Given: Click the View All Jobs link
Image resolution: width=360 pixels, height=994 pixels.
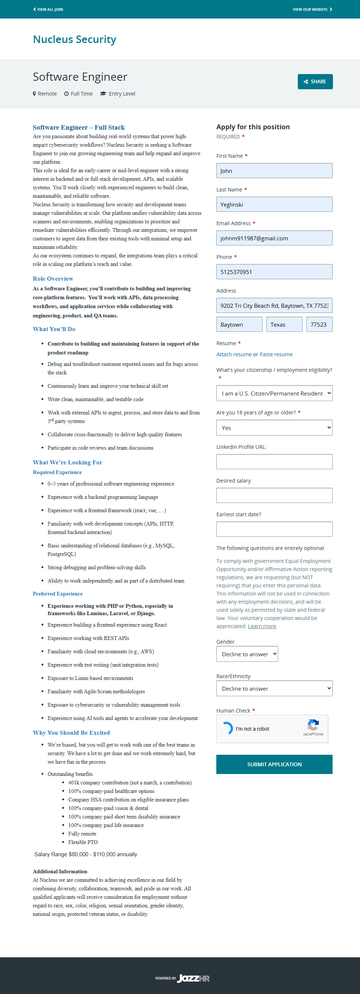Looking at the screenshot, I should coord(48,9).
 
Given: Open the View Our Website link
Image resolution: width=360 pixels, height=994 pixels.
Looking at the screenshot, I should coord(312,9).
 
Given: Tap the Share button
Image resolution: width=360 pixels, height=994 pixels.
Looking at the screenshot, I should coord(315,81).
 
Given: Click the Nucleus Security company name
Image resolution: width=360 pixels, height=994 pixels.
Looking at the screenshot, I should coord(74,39).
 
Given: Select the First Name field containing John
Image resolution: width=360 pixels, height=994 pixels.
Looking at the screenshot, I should coord(274,171).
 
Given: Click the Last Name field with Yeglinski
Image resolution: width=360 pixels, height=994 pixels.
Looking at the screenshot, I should coord(274,204).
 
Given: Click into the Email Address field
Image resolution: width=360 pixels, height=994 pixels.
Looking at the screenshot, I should coord(274,238).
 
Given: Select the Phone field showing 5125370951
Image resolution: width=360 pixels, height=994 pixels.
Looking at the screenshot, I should coord(274,272).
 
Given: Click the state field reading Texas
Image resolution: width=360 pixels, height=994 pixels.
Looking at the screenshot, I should coord(284,324).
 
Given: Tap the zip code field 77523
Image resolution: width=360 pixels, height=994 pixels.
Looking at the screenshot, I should coord(319,324).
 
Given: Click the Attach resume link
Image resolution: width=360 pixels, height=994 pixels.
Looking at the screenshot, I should coord(234,354).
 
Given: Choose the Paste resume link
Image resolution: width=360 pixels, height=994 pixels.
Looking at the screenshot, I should coord(276,354).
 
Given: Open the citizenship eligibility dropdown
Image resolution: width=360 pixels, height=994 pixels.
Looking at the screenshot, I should coord(274,393).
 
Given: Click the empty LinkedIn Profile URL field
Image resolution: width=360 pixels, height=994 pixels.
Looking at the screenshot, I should coord(274,461).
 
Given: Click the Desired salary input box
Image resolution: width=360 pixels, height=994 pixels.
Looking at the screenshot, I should coord(274,495).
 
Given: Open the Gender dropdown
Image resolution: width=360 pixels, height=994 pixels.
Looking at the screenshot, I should coord(247,654).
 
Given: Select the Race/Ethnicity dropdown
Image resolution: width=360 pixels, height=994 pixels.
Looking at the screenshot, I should coord(274,688).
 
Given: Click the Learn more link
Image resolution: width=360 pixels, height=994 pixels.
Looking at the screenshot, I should coord(261,626).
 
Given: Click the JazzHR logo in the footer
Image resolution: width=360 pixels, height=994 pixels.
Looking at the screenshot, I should coord(193,978).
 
